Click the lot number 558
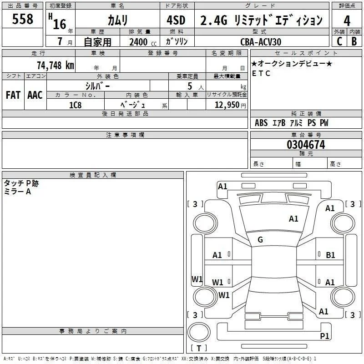(x=22, y=19)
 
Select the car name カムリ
(x=117, y=20)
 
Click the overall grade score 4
(x=347, y=20)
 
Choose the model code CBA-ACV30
(x=261, y=42)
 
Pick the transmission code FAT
(x=13, y=95)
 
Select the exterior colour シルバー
(x=97, y=86)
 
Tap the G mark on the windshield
(x=260, y=239)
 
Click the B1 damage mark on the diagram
(x=330, y=255)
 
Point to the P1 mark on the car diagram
(x=324, y=336)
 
